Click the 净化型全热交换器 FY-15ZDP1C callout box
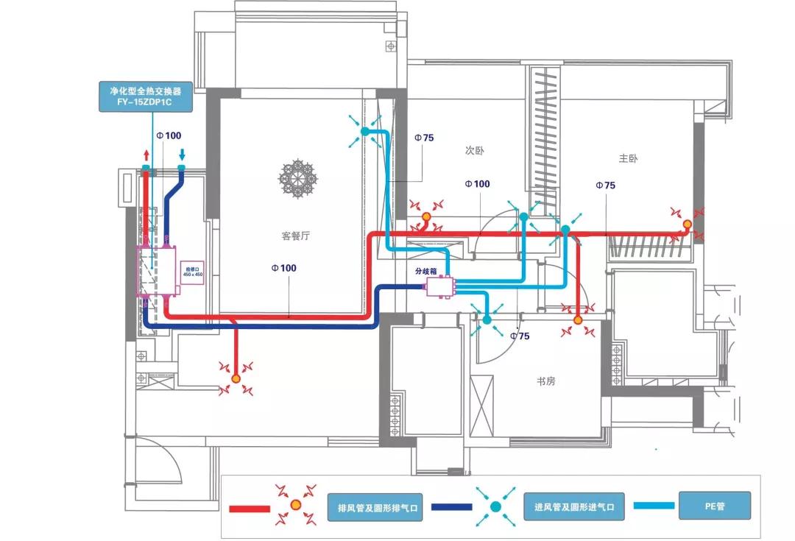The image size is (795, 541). (x=146, y=96)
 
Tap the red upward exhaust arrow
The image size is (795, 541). (x=146, y=155)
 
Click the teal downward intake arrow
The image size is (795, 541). (x=182, y=155)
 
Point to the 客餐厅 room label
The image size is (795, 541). (x=297, y=236)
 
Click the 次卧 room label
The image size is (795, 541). (x=475, y=150)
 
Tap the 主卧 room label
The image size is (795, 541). (x=629, y=158)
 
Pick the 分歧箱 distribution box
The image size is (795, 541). (x=441, y=286)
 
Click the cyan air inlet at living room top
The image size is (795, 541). (x=364, y=132)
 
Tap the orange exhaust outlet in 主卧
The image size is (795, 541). (x=687, y=224)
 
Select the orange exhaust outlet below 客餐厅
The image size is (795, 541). (x=236, y=378)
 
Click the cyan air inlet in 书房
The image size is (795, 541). (x=486, y=319)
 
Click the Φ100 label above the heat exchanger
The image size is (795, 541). (x=169, y=135)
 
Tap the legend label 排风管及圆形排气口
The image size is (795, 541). (x=375, y=507)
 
